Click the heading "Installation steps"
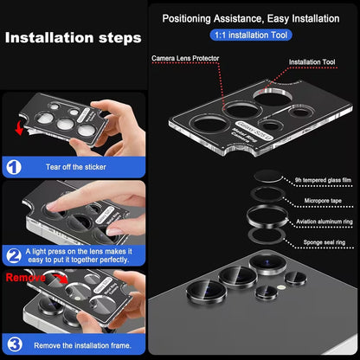(74, 38)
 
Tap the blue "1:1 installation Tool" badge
(251, 35)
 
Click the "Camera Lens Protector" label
(185, 58)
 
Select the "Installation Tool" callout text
(312, 62)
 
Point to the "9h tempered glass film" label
(323, 180)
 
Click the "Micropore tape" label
(323, 201)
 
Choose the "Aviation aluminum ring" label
(325, 222)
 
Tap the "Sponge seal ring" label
(325, 242)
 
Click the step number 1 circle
(14, 167)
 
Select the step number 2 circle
(14, 255)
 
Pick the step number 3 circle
(15, 344)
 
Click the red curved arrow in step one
(19, 128)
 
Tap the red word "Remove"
(26, 278)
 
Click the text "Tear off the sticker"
(76, 167)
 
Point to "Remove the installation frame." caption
(82, 345)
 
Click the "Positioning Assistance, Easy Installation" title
(251, 19)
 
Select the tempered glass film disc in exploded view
(268, 177)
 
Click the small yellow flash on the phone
(280, 287)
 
